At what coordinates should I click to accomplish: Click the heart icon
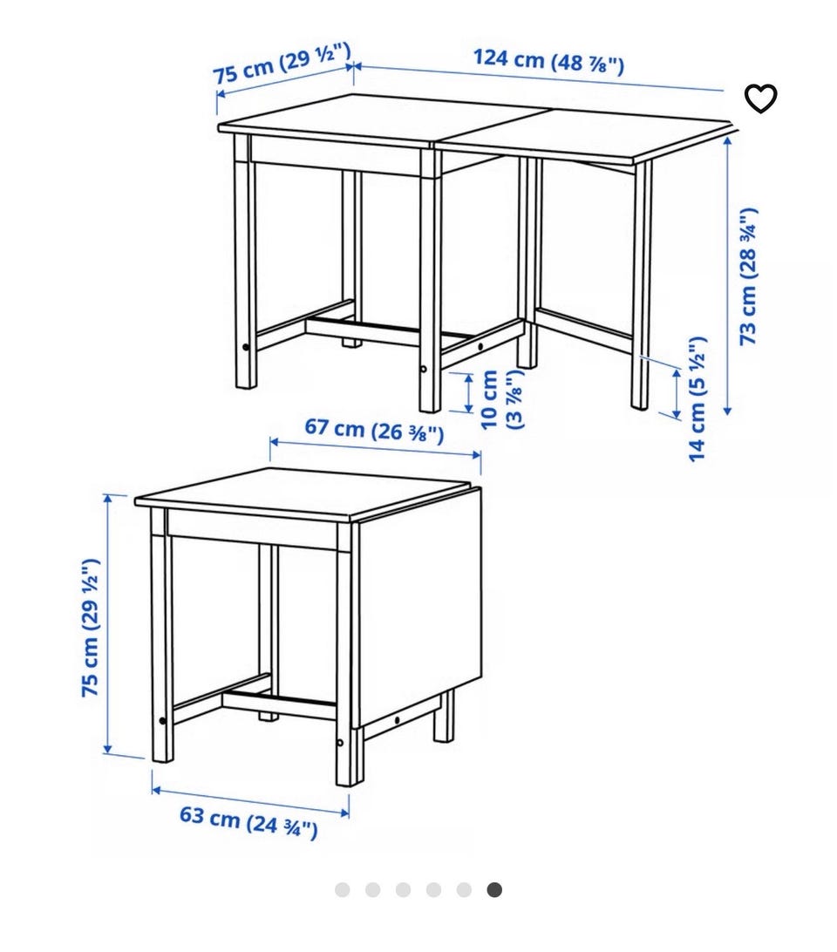click(760, 99)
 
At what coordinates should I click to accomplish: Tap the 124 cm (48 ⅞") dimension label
click(548, 61)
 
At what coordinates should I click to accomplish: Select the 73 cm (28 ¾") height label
click(748, 277)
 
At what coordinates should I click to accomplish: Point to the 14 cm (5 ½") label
click(697, 399)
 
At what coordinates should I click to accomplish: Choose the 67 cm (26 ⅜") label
click(374, 429)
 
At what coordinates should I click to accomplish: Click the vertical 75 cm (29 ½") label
click(90, 628)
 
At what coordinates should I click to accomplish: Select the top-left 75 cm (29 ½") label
click(282, 63)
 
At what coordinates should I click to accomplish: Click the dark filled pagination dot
click(494, 890)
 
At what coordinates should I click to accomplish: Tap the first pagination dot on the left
click(343, 890)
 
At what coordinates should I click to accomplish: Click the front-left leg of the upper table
click(245, 262)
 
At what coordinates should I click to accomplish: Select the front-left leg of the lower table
click(162, 635)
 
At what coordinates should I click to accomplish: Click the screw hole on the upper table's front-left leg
click(245, 348)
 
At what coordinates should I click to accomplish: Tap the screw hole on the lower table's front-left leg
click(162, 721)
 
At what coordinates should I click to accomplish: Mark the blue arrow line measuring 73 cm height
click(728, 275)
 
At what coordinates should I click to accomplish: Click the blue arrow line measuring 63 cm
click(250, 802)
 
